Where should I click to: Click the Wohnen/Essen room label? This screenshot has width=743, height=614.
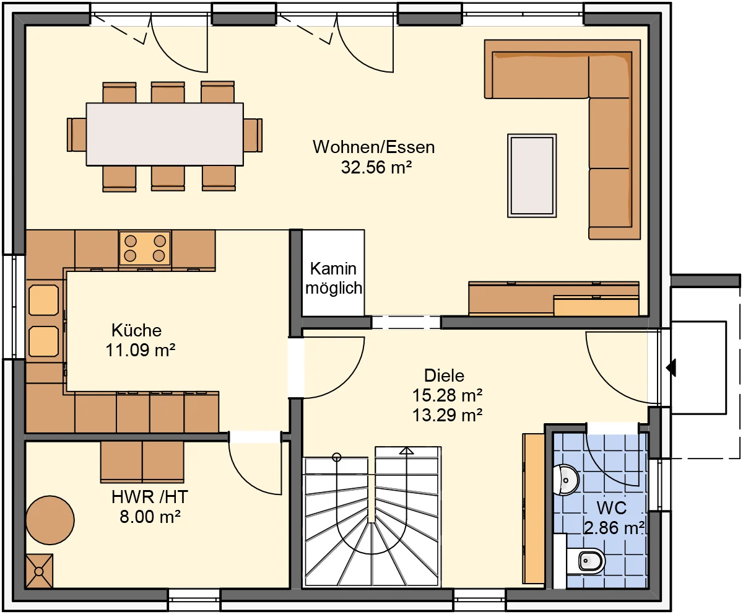point(373,147)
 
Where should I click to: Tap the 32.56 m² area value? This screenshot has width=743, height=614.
point(376,167)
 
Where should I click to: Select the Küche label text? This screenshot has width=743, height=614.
point(137,330)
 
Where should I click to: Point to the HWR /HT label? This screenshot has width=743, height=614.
point(149,497)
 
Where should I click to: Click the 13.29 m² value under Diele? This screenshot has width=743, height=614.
point(447,415)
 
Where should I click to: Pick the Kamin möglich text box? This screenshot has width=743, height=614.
point(334,278)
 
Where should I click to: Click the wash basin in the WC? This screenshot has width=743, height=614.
point(566,480)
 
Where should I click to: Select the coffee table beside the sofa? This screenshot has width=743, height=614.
point(532,175)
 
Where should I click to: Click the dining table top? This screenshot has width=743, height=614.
point(165,134)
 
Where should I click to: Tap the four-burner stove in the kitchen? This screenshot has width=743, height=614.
point(145,248)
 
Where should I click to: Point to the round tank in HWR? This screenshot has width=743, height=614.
point(50,520)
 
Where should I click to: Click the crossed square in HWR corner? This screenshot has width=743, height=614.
point(40,571)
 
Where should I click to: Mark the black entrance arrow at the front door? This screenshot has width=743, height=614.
point(671,367)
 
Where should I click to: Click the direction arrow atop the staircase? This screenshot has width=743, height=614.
point(406,451)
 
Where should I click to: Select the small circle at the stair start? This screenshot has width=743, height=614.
point(337,457)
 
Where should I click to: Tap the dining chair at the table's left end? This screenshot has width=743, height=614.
point(77,134)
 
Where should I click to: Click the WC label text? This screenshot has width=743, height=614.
point(611,508)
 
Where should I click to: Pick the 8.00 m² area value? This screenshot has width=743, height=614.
point(150,517)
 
